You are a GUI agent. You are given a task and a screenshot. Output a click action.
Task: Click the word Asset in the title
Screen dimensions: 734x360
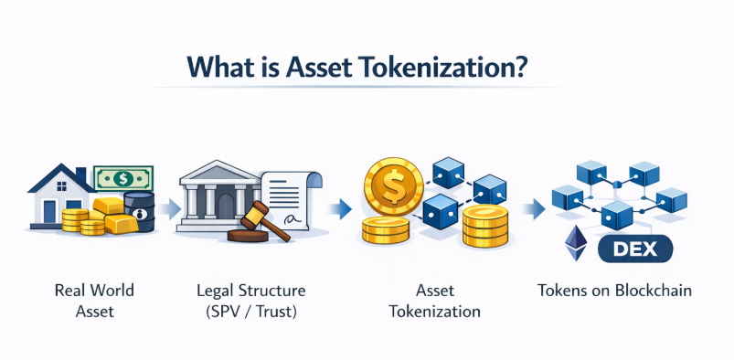tap(319, 68)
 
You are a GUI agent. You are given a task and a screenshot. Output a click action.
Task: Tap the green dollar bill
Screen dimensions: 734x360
tap(123, 178)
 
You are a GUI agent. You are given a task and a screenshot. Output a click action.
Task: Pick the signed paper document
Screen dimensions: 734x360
tap(292, 200)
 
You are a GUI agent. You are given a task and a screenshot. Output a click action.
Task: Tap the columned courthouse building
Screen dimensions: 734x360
tap(219, 196)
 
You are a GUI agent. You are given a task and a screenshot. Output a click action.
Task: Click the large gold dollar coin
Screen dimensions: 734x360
tap(393, 186)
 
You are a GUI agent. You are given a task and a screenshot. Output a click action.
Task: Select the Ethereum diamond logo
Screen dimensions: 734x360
tap(576, 243)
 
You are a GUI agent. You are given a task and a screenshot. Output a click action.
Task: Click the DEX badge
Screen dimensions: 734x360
tap(635, 249)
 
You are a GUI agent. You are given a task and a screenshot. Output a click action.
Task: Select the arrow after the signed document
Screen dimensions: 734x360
tap(341, 209)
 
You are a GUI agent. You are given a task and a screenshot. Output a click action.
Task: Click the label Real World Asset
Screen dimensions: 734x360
tap(94, 301)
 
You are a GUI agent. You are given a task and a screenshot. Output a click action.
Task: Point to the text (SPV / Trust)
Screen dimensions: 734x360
tap(251, 312)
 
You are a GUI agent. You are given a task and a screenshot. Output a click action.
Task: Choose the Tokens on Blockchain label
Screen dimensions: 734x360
tap(614, 291)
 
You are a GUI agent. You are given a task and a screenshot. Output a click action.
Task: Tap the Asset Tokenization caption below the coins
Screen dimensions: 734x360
tap(435, 301)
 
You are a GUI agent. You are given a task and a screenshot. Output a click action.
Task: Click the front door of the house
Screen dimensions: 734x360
tap(50, 212)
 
